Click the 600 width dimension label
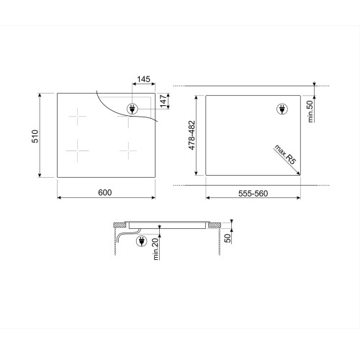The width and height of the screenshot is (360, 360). tap(105, 192)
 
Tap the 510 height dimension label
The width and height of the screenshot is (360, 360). tap(35, 136)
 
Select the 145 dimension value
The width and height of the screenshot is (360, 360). tap(143, 79)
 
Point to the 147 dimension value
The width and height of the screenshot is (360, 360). tap(163, 101)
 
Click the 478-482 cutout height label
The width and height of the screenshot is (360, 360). tap(192, 135)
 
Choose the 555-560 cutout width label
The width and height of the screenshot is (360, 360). tap(253, 194)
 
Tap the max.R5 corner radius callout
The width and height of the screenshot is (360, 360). tap(285, 155)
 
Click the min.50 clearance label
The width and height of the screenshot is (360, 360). tap(310, 112)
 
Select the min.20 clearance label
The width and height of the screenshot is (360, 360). tap(156, 249)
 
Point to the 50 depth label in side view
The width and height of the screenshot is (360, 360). tap(228, 238)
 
